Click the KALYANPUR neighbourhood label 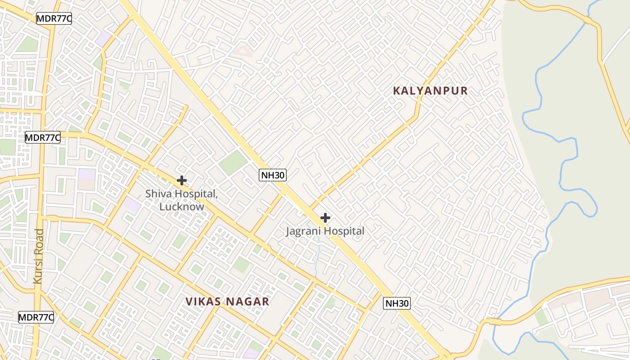pyautogui.click(x=430, y=91)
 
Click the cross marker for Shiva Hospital pyautogui.click(x=182, y=180)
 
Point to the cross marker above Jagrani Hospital pyautogui.click(x=325, y=218)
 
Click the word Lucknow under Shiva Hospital pyautogui.click(x=181, y=207)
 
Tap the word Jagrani pyautogui.click(x=304, y=231)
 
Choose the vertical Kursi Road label pyautogui.click(x=38, y=256)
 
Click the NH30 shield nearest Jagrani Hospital pyautogui.click(x=273, y=175)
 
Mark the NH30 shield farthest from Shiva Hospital pyautogui.click(x=397, y=303)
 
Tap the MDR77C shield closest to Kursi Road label pyautogui.click(x=36, y=317)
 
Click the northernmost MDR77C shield pyautogui.click(x=54, y=19)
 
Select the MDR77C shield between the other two pyautogui.click(x=43, y=138)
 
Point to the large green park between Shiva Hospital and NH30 pyautogui.click(x=233, y=162)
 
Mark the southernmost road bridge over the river pyautogui.click(x=494, y=322)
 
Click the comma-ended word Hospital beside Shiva pyautogui.click(x=197, y=194)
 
